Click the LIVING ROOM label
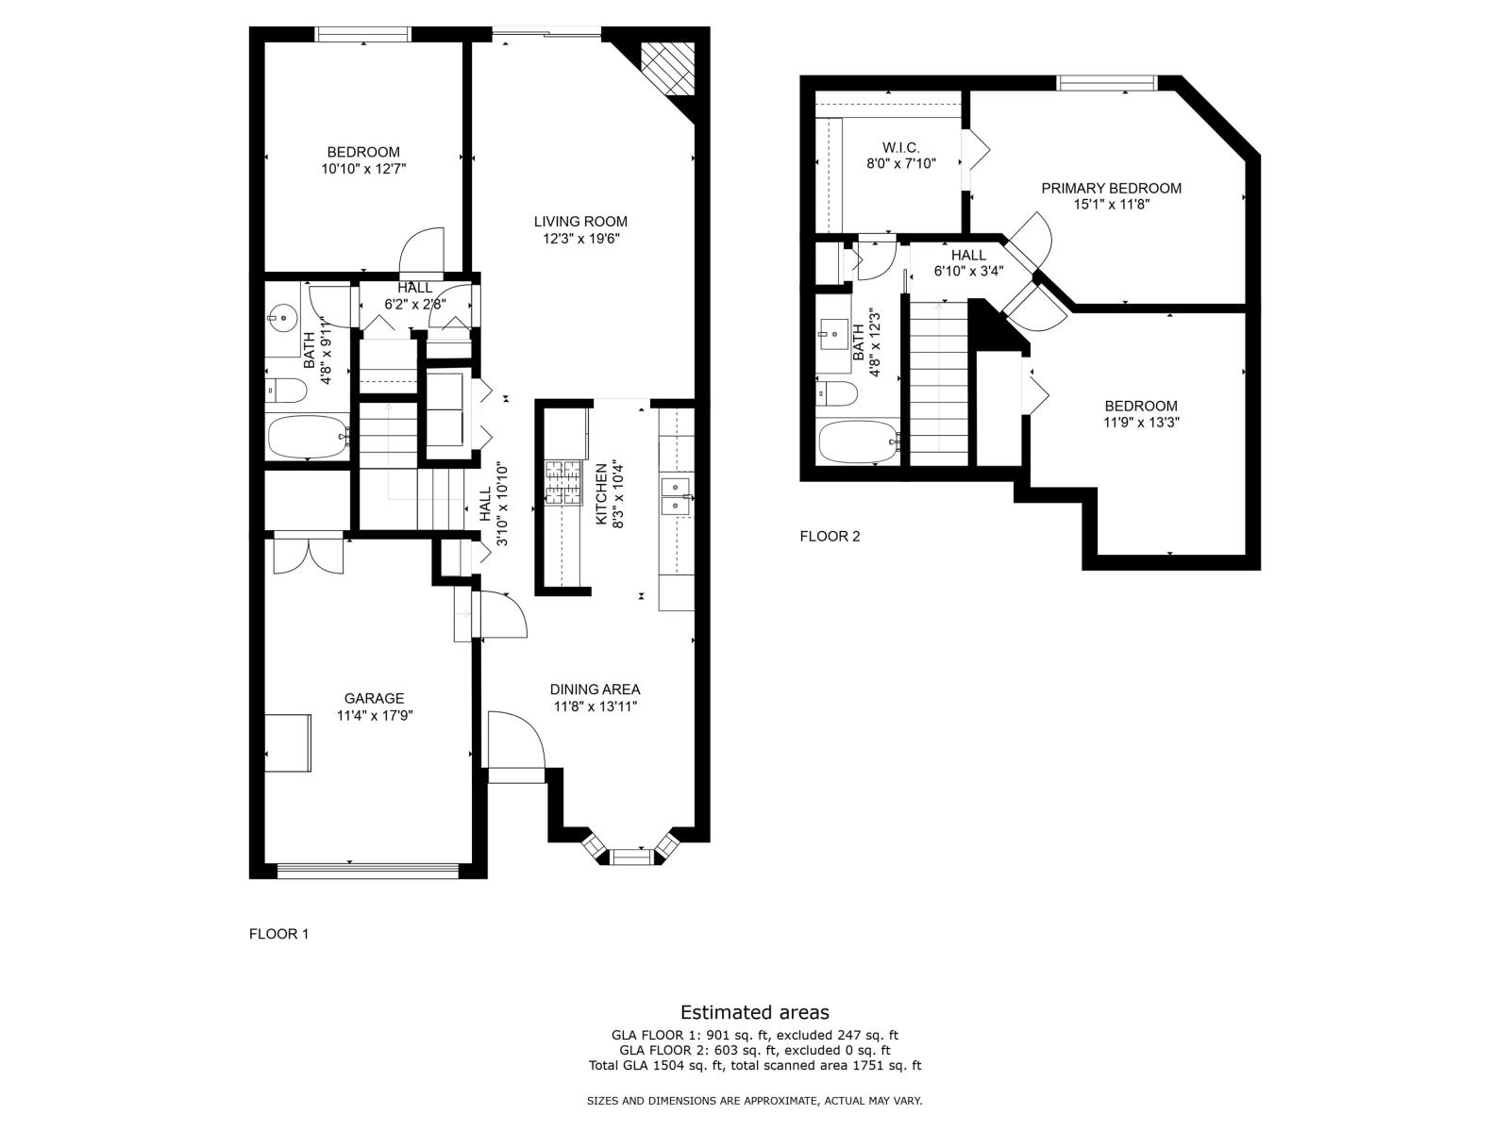click(x=579, y=222)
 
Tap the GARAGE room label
click(x=374, y=698)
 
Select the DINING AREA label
click(x=595, y=690)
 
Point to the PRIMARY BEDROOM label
click(x=1111, y=189)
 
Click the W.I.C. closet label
click(x=900, y=147)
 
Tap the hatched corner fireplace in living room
click(x=667, y=68)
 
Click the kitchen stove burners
click(x=563, y=482)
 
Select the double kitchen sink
click(x=676, y=496)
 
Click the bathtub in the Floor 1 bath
click(x=309, y=437)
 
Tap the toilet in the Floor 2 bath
click(x=835, y=393)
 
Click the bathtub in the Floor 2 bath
click(x=859, y=441)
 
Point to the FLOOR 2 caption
click(x=830, y=536)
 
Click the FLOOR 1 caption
click(x=278, y=934)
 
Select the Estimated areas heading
click(x=755, y=1012)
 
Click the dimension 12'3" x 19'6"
click(x=580, y=239)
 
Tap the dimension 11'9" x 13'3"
click(x=1141, y=423)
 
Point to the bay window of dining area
click(x=631, y=852)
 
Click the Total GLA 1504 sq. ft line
click(x=755, y=1066)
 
